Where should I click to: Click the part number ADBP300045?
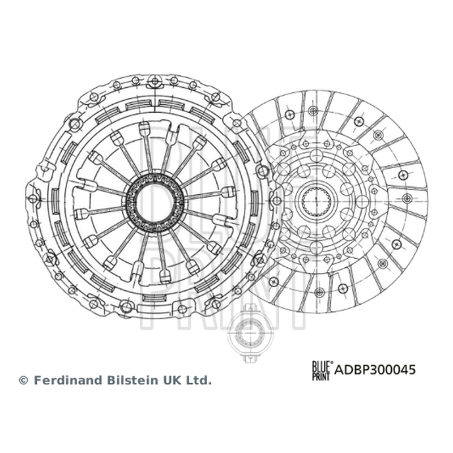coord(375,370)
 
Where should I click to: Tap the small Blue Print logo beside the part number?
coord(322,371)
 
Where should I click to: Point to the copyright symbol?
coord(23,381)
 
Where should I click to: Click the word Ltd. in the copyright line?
coord(200,380)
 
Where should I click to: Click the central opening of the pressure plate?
coord(155,203)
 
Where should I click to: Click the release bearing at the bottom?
coord(250,334)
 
